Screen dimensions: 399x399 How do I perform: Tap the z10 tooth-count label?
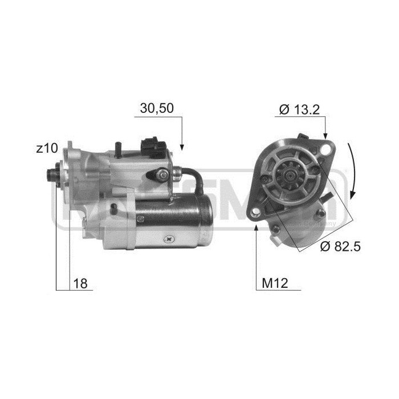point(47,149)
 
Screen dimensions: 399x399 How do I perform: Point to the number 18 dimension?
point(81,283)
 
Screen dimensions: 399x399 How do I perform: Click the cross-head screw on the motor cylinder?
point(169,237)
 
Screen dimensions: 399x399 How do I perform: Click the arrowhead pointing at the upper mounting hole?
point(325,137)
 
